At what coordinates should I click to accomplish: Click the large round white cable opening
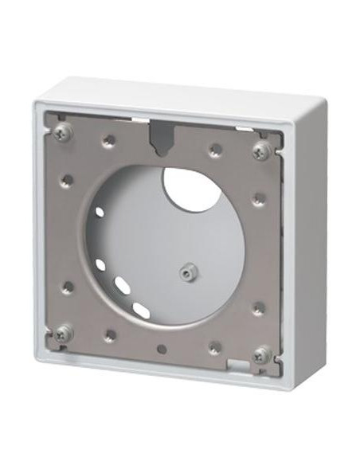point(193,188)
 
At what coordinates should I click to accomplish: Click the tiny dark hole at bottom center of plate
point(162,349)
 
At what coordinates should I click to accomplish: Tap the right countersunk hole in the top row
point(214,149)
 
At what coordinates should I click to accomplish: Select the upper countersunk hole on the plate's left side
point(68,180)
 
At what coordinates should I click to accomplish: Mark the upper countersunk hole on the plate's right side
point(257,199)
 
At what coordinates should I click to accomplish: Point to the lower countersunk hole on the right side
point(257,307)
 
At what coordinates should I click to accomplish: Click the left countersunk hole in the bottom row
point(109,335)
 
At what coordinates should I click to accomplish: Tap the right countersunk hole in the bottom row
point(214,347)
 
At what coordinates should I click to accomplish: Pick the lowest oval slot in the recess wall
point(139,308)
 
